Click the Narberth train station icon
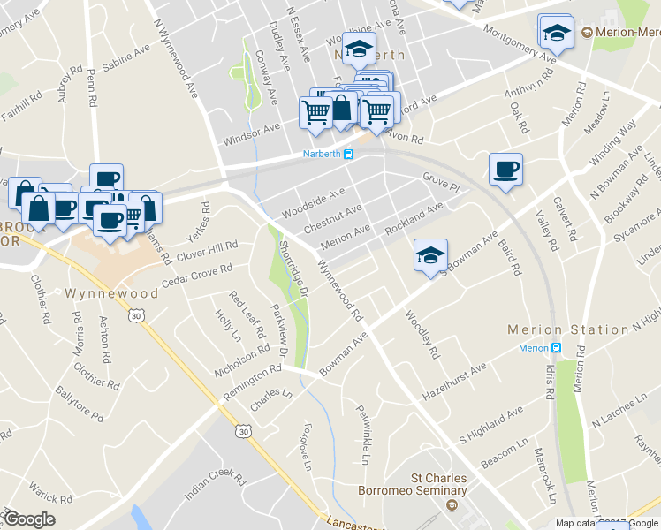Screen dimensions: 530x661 point(349,155)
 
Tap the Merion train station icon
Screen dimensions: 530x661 point(556,348)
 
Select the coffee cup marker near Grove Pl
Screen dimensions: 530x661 point(505,169)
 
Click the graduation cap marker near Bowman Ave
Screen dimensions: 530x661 point(430,255)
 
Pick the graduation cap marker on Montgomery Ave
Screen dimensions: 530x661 point(555,34)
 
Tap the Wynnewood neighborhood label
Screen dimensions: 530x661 point(99,291)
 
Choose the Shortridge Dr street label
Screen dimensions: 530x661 point(292,267)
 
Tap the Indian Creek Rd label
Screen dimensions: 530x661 point(214,484)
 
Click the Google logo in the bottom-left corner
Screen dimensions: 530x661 point(28,519)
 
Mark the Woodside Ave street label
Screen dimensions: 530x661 point(313,203)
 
